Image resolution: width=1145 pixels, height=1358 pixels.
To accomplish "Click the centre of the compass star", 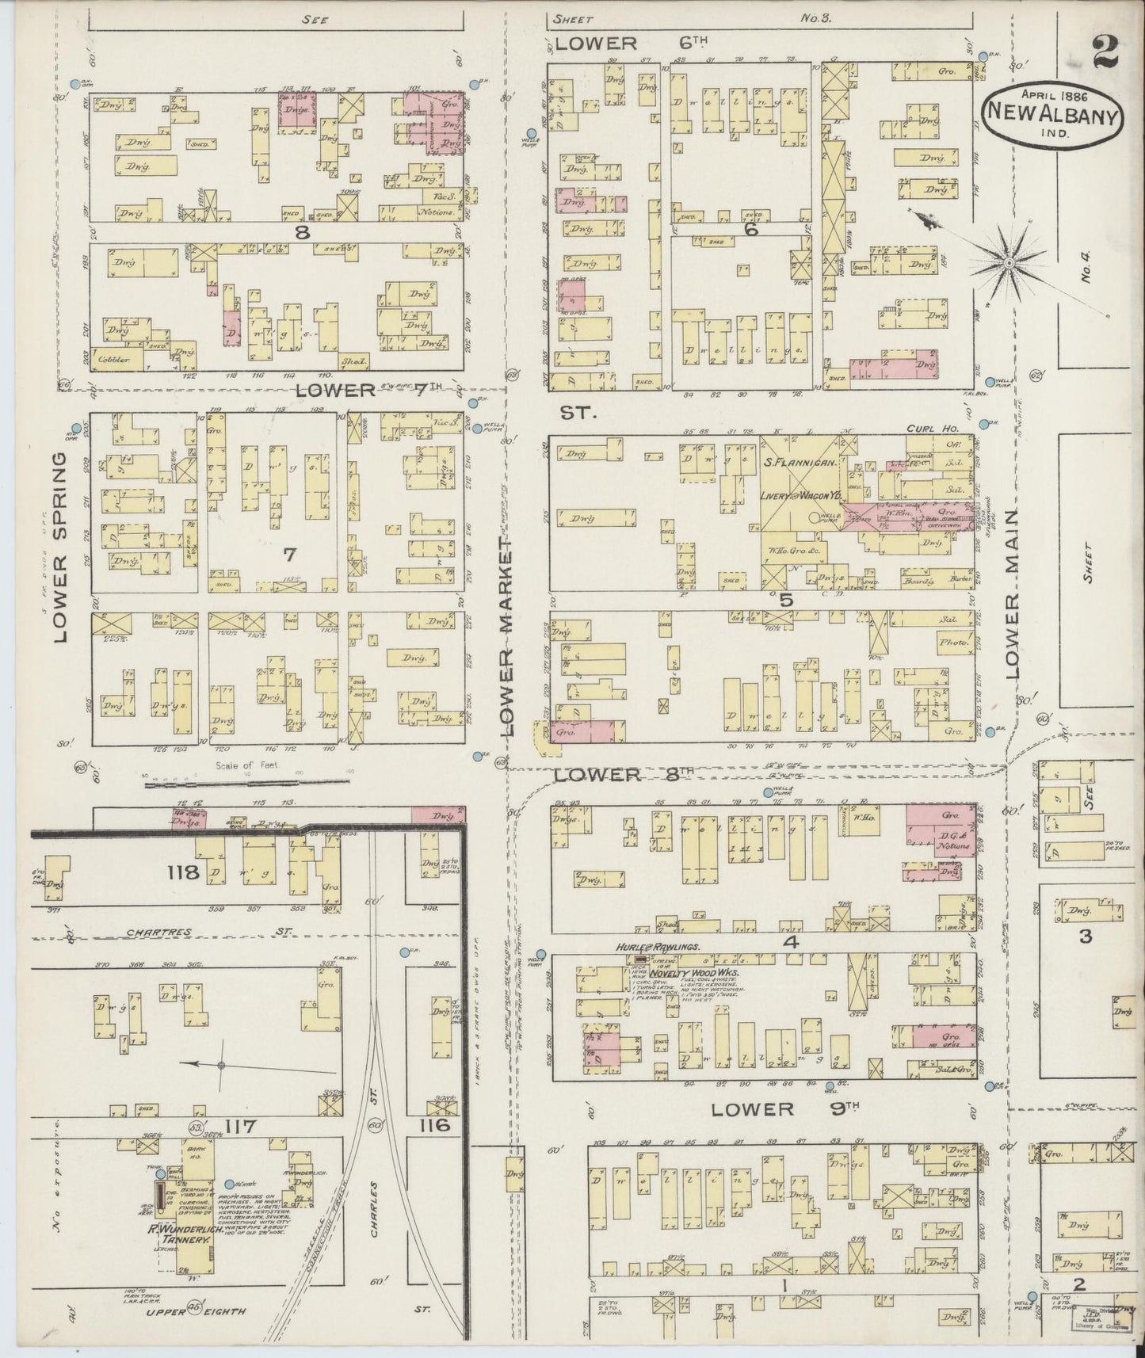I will click(x=1010, y=262).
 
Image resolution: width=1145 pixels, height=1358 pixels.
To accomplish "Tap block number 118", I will click(x=182, y=873).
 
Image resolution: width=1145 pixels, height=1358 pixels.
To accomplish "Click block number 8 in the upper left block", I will click(x=301, y=232).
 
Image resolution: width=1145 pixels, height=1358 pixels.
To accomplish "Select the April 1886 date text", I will click(x=1054, y=91).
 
